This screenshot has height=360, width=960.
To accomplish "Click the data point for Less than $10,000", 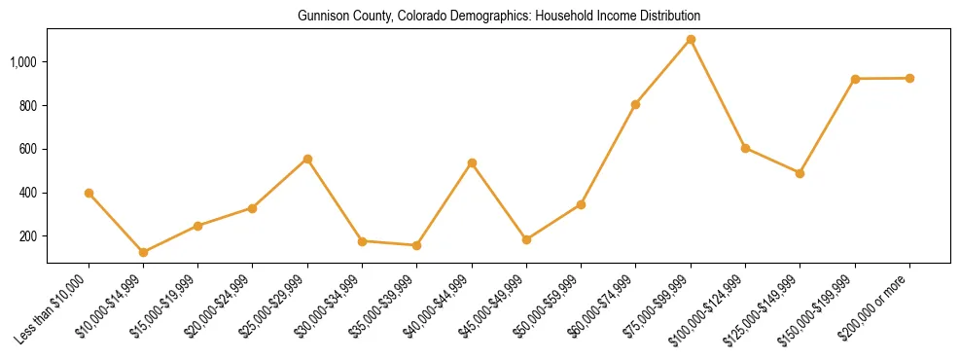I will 89,193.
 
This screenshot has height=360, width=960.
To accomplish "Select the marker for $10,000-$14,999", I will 143,252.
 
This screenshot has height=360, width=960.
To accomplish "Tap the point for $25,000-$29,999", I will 307,159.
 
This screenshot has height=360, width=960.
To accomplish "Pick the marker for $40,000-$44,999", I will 472,162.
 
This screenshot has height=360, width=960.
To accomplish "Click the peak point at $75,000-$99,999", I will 691,39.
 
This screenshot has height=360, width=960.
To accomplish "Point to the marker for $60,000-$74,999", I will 635,104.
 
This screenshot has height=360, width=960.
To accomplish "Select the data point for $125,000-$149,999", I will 800,173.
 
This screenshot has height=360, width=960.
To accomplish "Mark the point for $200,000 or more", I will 909,78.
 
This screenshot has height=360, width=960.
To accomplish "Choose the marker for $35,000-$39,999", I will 416,245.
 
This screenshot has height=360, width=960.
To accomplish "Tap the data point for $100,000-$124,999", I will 745,148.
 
